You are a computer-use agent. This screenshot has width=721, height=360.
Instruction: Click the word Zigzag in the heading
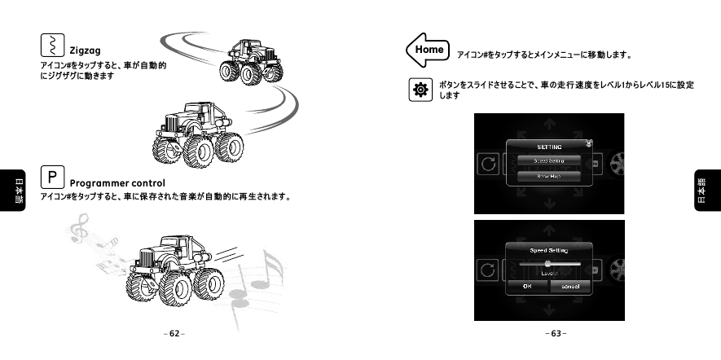point(85,50)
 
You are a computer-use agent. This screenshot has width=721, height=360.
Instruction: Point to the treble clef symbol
point(79,230)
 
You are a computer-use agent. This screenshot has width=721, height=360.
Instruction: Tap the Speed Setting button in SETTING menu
point(548,160)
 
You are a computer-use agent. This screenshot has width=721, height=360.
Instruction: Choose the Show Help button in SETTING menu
point(548,176)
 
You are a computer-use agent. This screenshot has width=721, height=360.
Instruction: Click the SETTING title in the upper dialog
point(548,146)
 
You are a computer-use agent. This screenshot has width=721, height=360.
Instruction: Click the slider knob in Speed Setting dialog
point(547,264)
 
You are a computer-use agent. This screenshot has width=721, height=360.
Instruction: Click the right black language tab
point(706,191)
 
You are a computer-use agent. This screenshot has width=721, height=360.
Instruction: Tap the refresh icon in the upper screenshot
point(488,164)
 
